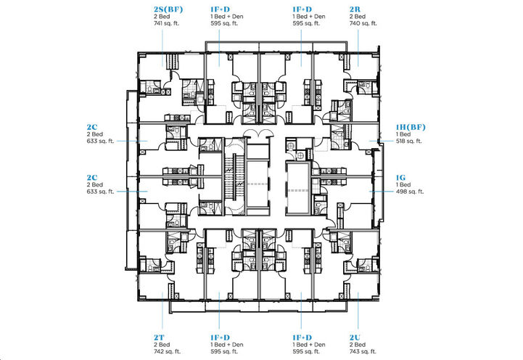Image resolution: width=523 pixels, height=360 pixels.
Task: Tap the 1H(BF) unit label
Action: pyautogui.click(x=411, y=128)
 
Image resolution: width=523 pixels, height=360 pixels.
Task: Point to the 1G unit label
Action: pyautogui.click(x=400, y=177)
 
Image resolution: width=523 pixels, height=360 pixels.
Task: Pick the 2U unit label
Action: pyautogui.click(x=355, y=337)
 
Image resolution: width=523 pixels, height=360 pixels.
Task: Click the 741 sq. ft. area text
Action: pyautogui.click(x=168, y=24)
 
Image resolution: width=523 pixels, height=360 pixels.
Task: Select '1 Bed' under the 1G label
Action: pyautogui.click(x=403, y=184)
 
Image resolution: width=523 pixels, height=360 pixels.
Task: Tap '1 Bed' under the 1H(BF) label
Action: pyautogui.click(x=403, y=135)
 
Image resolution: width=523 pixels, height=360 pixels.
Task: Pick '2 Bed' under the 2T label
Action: pyautogui.click(x=162, y=345)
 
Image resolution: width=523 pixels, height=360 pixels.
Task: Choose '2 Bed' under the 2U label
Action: pyautogui.click(x=356, y=345)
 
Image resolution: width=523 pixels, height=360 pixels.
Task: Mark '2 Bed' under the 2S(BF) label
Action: pyautogui.click(x=162, y=17)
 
